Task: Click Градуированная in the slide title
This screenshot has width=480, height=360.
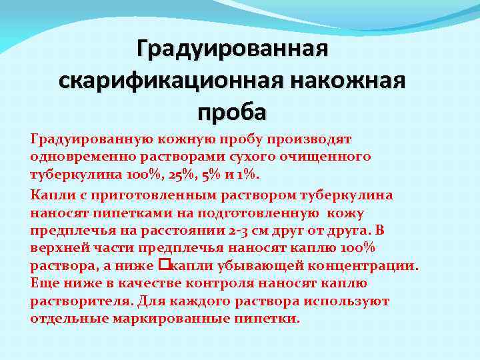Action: (232, 49)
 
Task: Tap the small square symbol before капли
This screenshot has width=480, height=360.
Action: (166, 265)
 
